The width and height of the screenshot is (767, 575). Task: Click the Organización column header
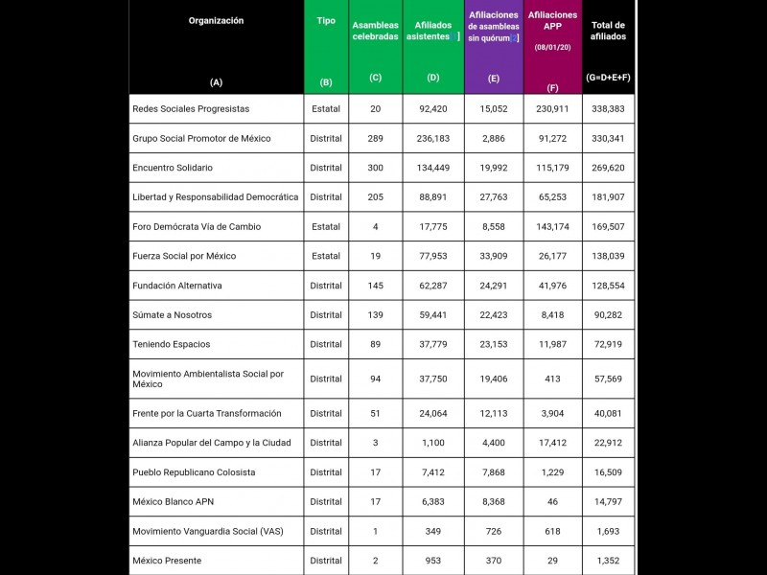coord(216,20)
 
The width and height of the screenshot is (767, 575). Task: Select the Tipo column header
coord(326,20)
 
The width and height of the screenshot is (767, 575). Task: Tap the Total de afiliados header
coord(608,32)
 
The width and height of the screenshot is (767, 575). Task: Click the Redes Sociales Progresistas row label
coord(191,109)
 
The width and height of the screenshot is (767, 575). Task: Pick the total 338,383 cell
coord(608,109)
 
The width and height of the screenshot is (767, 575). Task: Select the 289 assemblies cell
coord(375,138)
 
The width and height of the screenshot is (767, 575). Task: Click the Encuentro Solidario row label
coord(173,168)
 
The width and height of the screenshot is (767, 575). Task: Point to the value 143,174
coord(552,227)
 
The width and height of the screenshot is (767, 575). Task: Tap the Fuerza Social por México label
coord(184,256)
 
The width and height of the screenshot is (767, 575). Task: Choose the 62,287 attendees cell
coord(433,286)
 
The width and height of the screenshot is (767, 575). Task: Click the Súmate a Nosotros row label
coord(173,315)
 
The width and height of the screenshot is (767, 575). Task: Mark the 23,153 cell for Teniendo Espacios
coord(493,344)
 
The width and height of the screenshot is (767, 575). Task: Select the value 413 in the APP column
coord(552,379)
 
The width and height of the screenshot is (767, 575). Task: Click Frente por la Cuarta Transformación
coord(207,413)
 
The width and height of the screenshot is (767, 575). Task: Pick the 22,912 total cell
coord(608,443)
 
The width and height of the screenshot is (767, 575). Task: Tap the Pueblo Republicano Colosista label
coord(194,472)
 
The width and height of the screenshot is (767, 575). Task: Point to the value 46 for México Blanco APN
coord(552,501)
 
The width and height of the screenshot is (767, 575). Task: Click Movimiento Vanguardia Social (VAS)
coord(208,531)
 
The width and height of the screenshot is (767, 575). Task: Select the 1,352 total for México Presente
coord(608,561)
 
